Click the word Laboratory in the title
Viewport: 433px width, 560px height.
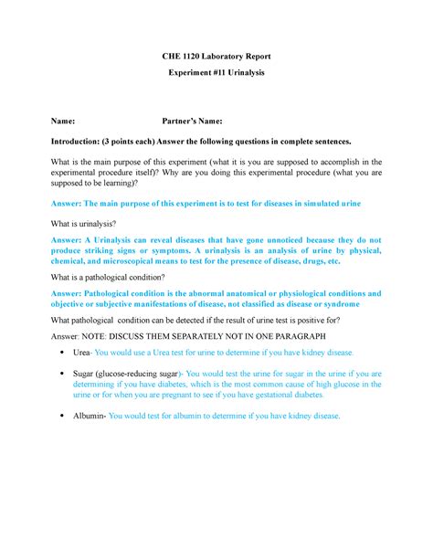point(224,57)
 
